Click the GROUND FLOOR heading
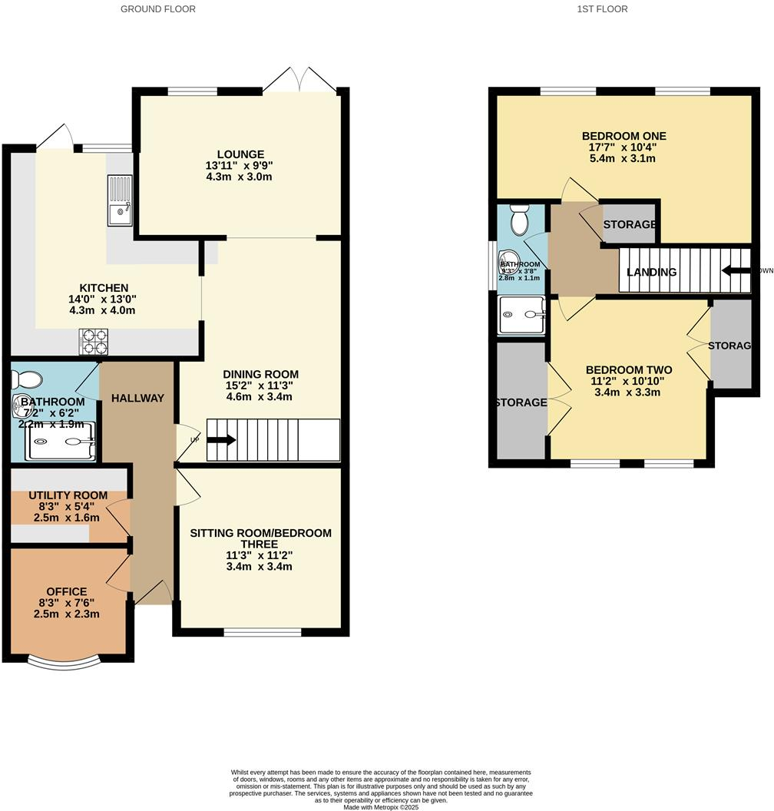(158, 9)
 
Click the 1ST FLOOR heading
(603, 9)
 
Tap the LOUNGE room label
(240, 154)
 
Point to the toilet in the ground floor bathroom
(30, 379)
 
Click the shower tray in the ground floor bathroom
(61, 442)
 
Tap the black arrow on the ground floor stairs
(221, 440)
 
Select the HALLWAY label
(137, 398)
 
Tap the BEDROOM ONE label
(623, 136)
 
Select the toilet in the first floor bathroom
(519, 220)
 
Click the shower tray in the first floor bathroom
(522, 316)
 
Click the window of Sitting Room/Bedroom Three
(263, 633)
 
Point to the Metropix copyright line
(381, 806)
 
